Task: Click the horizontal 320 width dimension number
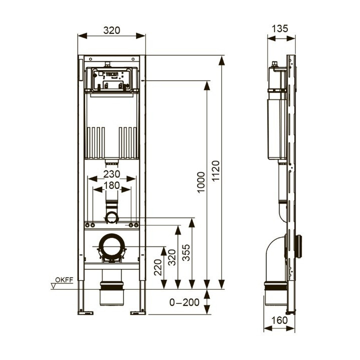(x=112, y=30)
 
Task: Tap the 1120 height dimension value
(x=216, y=172)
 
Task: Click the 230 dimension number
(x=112, y=174)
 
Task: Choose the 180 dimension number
(x=112, y=186)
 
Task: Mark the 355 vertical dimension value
(x=185, y=253)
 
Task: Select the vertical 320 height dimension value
(x=171, y=256)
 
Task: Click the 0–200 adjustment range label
(x=184, y=302)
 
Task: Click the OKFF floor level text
(x=64, y=279)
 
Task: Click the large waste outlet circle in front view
(x=112, y=247)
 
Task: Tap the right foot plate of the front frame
(x=137, y=313)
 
